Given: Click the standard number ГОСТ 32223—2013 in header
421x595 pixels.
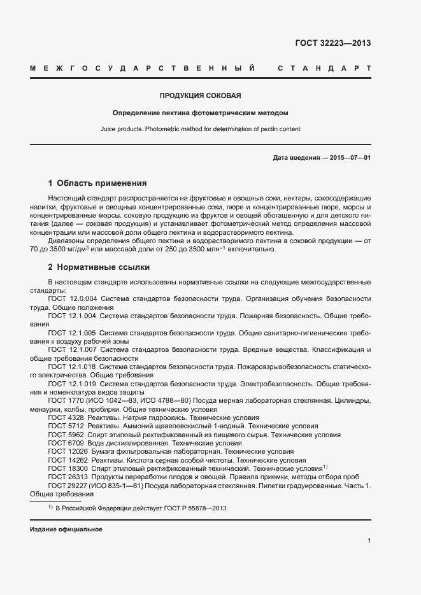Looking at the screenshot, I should [332, 43].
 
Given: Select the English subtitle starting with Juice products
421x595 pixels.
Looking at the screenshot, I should [200, 129].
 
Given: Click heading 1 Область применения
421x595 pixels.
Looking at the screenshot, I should [97, 183].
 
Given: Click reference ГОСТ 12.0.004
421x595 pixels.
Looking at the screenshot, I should [71, 298].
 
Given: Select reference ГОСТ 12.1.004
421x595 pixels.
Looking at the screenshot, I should [71, 316].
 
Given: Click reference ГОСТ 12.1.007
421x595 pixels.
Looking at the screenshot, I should [71, 350].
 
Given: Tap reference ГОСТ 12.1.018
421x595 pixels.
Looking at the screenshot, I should [71, 367].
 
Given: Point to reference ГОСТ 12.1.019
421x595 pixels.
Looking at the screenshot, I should [71, 384].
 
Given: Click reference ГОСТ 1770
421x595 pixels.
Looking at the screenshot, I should [66, 401].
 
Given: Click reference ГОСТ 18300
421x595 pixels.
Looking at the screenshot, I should [68, 468].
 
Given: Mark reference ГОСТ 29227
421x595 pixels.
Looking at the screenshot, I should [68, 486].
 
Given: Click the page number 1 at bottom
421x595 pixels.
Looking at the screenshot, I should [369, 541].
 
